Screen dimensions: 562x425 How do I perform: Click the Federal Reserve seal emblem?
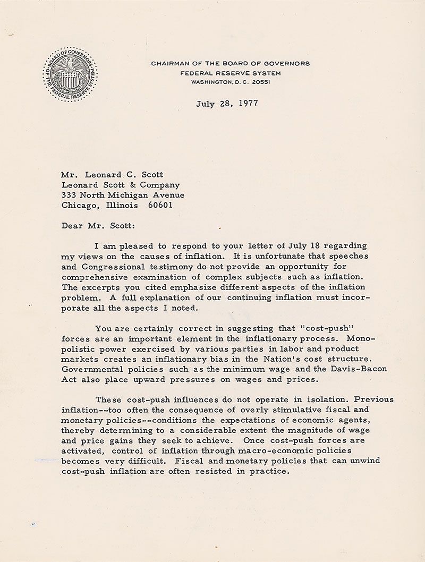pos(70,74)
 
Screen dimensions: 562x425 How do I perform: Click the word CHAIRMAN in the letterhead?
pos(169,63)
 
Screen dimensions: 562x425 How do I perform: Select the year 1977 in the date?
pos(248,103)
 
